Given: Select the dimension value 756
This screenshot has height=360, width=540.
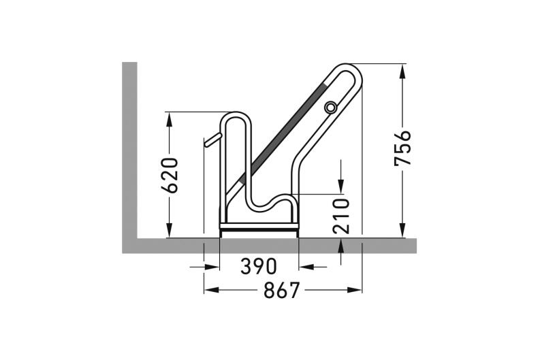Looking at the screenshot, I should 403,148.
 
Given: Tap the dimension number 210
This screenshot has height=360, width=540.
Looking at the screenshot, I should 342,215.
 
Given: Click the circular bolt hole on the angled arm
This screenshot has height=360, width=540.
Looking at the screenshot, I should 331,108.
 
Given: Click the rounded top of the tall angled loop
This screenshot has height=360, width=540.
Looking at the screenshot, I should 347,68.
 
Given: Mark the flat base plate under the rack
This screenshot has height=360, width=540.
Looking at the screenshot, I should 259,229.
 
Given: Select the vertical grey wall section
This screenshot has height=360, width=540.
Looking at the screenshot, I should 129,150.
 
